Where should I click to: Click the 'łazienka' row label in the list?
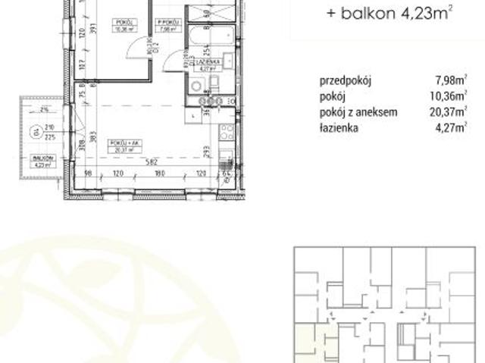[339, 128]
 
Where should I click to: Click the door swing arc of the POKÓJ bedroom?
[135, 48]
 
